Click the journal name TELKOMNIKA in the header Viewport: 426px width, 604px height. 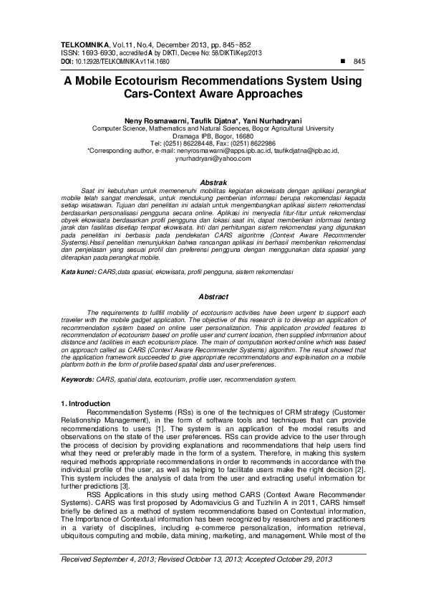click(x=82, y=44)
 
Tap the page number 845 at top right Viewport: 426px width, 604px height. click(x=359, y=62)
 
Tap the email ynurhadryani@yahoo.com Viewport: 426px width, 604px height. click(x=212, y=159)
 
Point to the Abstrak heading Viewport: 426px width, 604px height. click(x=213, y=184)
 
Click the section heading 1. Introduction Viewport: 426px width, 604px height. click(x=86, y=404)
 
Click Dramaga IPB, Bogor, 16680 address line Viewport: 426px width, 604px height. click(x=213, y=136)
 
